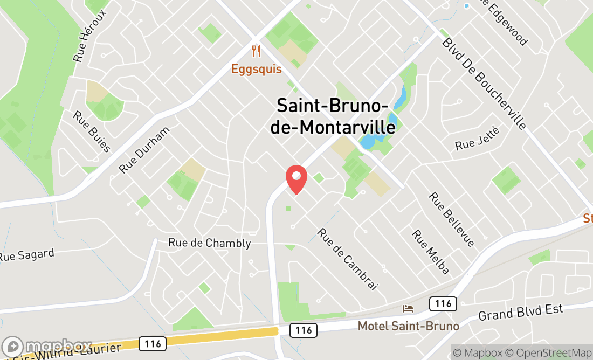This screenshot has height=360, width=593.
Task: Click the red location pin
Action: pos(296,179)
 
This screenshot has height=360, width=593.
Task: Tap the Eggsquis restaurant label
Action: pos(257,69)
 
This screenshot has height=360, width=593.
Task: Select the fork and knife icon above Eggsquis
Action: pos(256,52)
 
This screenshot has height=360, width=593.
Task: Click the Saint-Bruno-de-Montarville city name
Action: pos(336,115)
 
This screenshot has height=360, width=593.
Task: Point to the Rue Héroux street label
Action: pos(90,36)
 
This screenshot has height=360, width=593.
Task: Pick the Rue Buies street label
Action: pos(92,131)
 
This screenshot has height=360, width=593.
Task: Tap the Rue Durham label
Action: pos(144,149)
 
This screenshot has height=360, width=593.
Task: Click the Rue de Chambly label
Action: pos(210,243)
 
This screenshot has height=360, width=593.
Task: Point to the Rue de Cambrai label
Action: pos(347,259)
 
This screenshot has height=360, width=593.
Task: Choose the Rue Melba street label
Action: pos(431,252)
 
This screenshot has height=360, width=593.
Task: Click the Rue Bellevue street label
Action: pos(452,219)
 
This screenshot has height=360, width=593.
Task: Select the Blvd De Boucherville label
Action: pos(484,84)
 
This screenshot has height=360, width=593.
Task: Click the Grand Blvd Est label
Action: pos(520,312)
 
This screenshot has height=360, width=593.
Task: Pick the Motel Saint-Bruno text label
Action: pos(409,326)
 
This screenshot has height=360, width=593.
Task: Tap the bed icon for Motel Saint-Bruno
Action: pos(409,309)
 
